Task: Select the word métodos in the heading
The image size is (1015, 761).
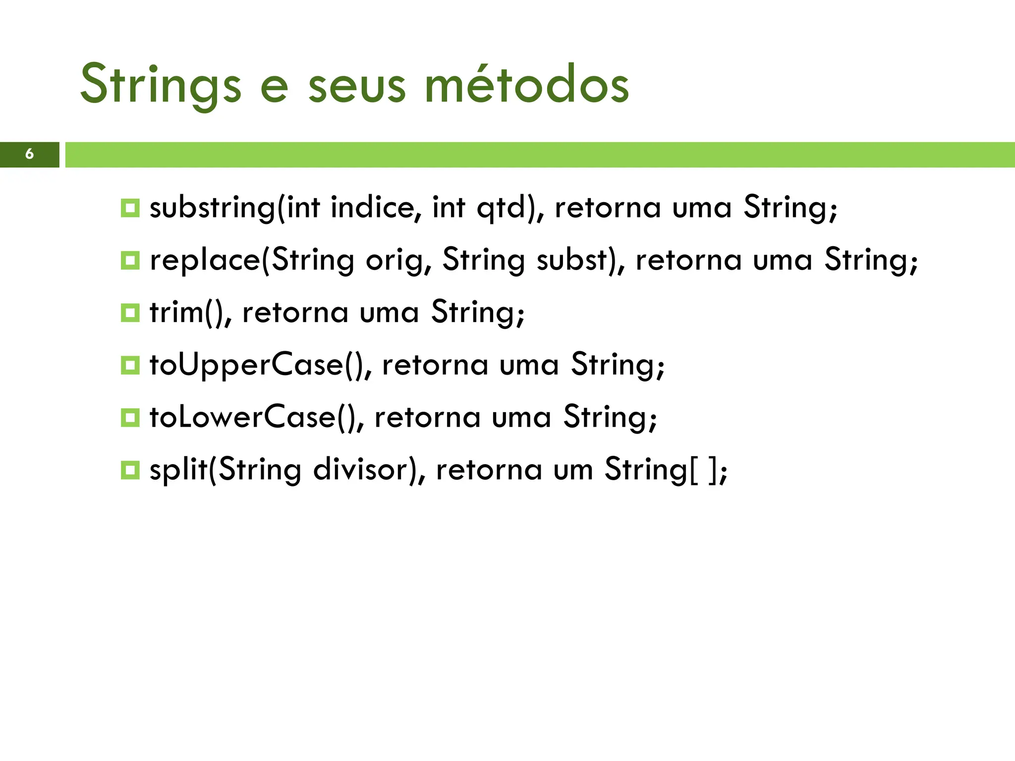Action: [527, 85]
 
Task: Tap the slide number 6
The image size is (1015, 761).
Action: [29, 154]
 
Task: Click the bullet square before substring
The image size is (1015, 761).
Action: [130, 208]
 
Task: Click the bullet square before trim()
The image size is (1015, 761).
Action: [130, 313]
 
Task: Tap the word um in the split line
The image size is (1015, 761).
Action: [573, 470]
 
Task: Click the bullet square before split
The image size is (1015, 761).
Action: [130, 470]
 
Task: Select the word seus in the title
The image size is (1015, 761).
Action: [356, 85]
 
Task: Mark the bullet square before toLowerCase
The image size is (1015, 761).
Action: [130, 417]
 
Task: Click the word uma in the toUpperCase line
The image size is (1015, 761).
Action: [529, 365]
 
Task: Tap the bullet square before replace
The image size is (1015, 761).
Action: [130, 260]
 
